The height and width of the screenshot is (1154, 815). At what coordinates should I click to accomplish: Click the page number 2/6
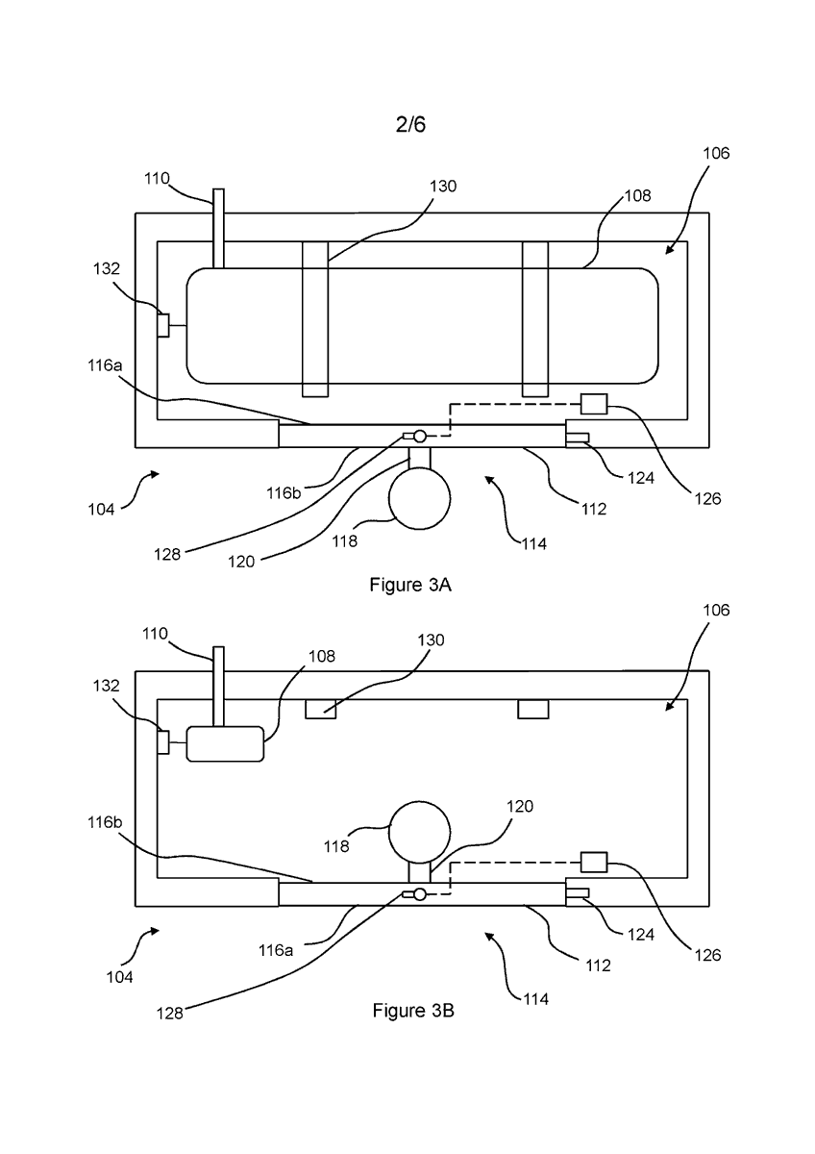(x=410, y=124)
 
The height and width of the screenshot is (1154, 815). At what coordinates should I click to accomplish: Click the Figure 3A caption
(x=410, y=585)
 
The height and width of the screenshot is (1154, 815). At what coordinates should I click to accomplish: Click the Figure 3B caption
(x=413, y=1011)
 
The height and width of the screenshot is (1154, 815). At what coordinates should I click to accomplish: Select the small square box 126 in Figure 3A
(x=594, y=404)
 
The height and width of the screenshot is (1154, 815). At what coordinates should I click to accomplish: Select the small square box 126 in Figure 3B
(x=594, y=862)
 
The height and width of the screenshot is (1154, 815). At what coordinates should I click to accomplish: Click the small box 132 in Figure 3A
(x=163, y=325)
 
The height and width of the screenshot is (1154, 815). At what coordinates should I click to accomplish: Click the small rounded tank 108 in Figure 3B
(x=225, y=743)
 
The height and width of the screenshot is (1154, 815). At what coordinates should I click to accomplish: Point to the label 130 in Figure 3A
(x=443, y=186)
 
